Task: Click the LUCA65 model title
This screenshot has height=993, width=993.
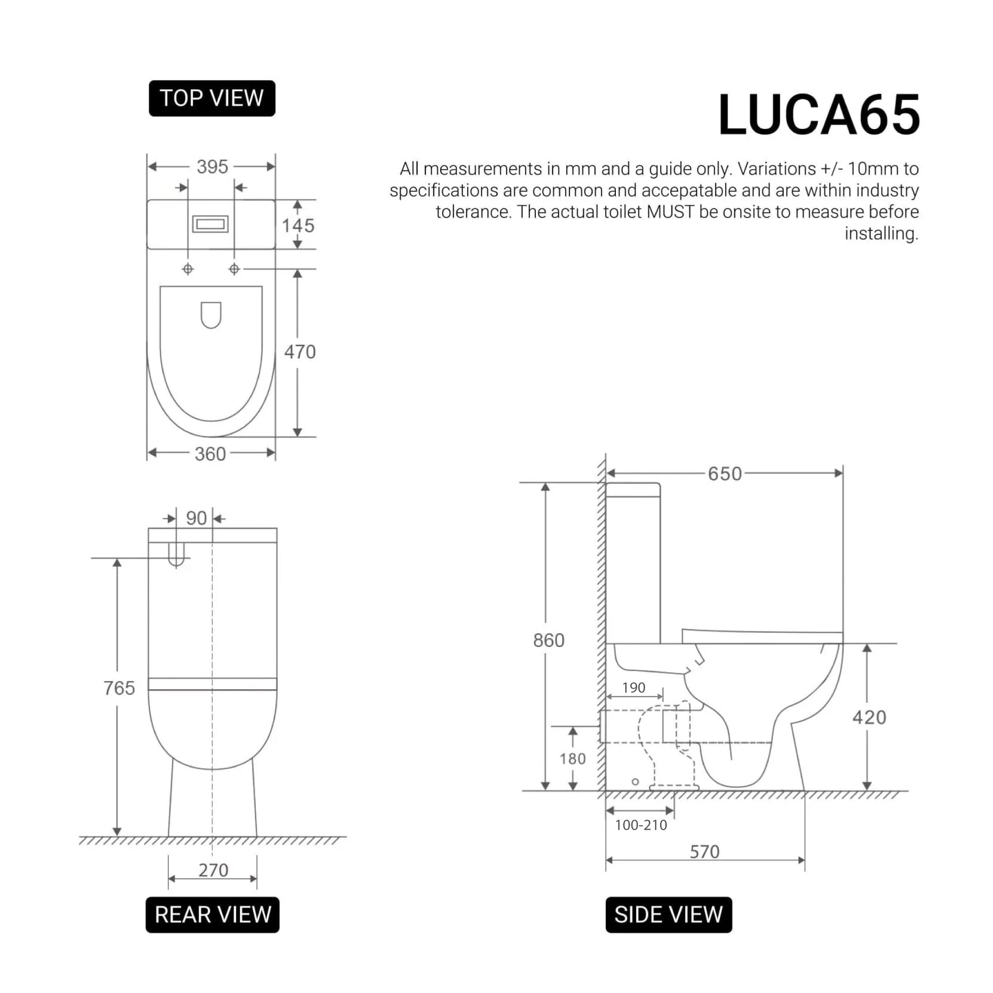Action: [818, 115]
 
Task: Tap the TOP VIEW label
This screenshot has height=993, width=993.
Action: [212, 98]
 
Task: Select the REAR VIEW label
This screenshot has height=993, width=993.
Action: [212, 914]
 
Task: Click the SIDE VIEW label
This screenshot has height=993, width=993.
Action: [668, 914]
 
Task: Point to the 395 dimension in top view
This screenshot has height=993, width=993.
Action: [212, 167]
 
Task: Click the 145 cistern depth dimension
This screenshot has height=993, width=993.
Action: [298, 226]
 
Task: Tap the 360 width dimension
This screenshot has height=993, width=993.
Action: [210, 454]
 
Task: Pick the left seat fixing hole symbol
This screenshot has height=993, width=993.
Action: [188, 269]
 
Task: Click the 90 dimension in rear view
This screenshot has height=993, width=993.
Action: [196, 518]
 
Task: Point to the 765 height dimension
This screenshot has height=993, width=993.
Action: [119, 688]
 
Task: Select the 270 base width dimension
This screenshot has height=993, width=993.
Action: [213, 870]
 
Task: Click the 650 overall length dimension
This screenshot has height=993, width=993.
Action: [724, 474]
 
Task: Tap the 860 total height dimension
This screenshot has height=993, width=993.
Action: [549, 640]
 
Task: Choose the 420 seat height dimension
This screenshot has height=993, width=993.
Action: [869, 718]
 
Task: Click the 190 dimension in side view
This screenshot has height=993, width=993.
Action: [633, 688]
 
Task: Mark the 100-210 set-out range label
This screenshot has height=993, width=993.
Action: [640, 825]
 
